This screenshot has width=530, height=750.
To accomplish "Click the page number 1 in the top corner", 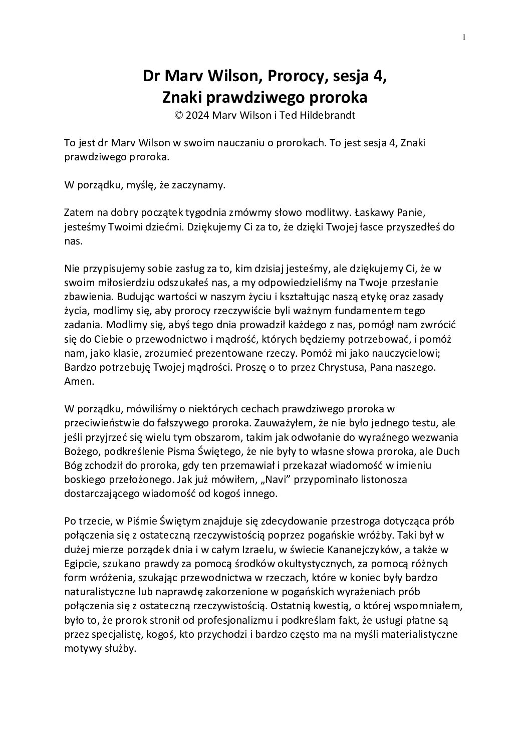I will click(x=464, y=37).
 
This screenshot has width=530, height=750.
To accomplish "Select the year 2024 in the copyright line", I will click(x=197, y=115).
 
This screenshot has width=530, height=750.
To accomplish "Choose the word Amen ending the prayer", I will click(x=76, y=380).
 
